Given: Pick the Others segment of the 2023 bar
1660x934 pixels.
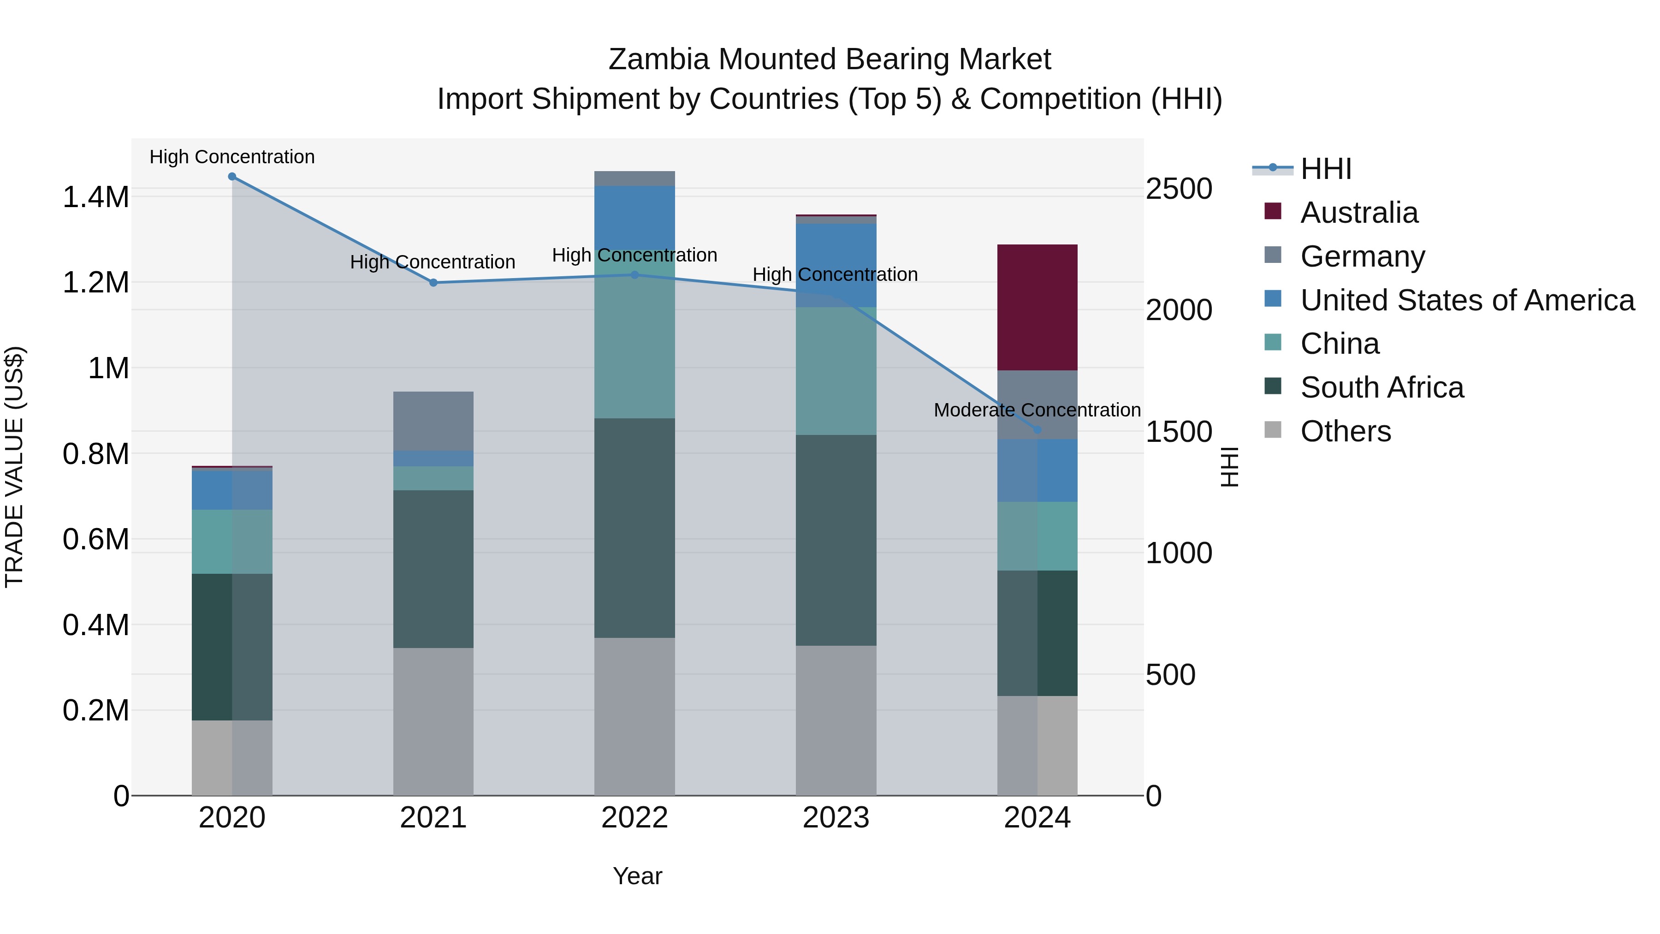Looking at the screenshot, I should [836, 720].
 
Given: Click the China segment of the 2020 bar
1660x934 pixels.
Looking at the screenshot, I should [232, 541].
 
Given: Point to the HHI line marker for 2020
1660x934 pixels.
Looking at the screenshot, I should [232, 177].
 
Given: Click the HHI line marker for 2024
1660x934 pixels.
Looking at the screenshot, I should [1037, 430].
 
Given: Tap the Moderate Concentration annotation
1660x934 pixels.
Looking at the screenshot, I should [1037, 410].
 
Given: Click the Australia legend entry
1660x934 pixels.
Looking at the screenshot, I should [1358, 213].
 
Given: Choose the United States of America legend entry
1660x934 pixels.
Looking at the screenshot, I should [1467, 300].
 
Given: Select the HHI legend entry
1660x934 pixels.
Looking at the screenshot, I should [1325, 169].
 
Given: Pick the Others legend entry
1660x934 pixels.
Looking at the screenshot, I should [1345, 431].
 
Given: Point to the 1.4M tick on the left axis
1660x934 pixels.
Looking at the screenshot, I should [95, 197].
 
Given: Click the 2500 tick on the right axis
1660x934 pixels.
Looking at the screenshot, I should [1179, 190].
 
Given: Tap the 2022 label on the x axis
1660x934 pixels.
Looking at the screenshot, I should [634, 818].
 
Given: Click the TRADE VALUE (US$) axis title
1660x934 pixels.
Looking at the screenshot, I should [14, 467].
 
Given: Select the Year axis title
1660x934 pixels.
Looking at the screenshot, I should [637, 876].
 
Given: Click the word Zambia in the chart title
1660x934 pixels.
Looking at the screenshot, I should [658, 59].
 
